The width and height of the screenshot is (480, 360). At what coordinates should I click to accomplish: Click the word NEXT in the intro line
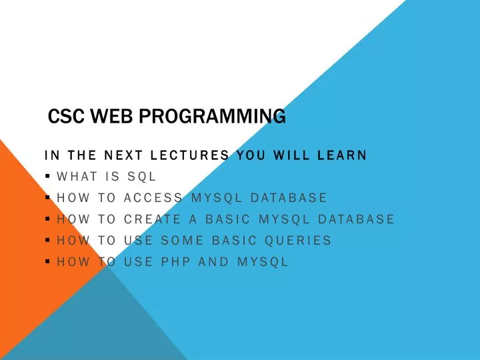[124, 156]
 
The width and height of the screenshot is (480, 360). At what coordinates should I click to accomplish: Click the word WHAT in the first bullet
[78, 177]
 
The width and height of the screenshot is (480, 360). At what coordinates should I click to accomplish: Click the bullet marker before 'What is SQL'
[49, 177]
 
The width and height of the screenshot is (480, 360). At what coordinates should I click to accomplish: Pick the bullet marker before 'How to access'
[49, 198]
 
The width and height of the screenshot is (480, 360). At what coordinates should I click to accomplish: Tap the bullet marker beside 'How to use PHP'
[49, 261]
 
